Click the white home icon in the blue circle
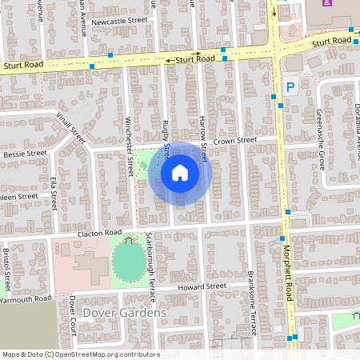point(180,172)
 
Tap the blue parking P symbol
point(290,87)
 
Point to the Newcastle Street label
point(120,21)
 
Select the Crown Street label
point(235,140)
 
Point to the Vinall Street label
point(70,125)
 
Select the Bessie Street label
point(25,153)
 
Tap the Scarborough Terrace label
point(149,268)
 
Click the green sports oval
point(128,258)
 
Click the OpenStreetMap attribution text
point(80,354)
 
